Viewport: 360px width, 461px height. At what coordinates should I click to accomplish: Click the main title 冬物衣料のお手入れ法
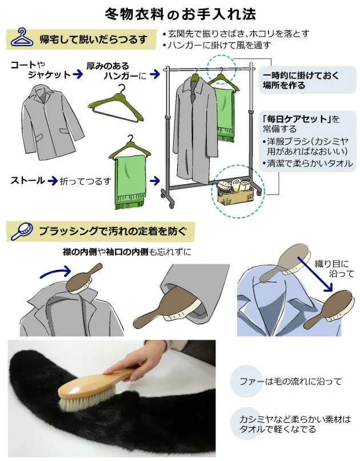pos(180,13)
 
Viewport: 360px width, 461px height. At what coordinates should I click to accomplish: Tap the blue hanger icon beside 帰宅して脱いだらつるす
pos(21,38)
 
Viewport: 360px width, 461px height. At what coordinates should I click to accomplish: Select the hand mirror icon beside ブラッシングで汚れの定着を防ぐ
pos(21,231)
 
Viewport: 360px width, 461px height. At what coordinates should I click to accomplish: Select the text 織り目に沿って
pos(334,268)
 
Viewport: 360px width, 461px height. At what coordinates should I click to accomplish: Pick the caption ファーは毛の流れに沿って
pos(290,381)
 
